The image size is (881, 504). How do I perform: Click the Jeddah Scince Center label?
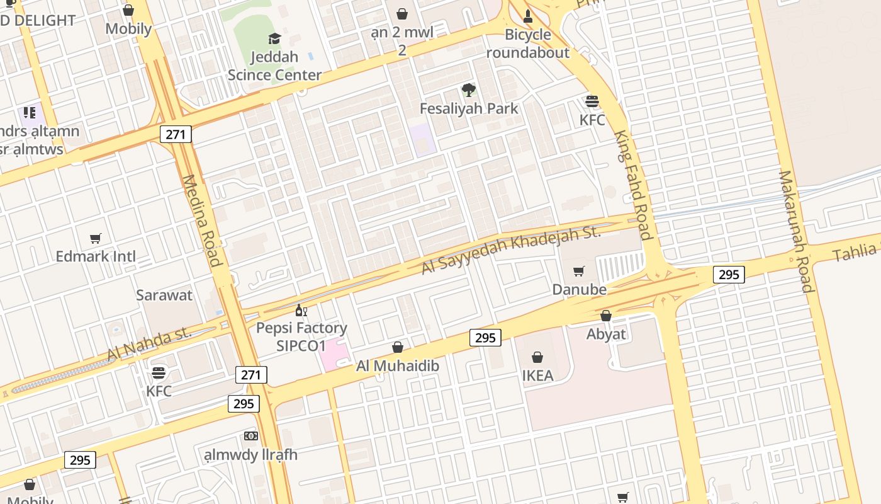[x=274, y=66]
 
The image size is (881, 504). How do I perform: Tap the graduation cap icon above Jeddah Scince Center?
[x=274, y=39]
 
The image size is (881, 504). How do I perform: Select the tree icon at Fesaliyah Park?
[x=468, y=90]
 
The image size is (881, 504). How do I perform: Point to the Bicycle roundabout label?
[x=527, y=43]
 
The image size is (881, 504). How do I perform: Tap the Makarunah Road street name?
[x=796, y=231]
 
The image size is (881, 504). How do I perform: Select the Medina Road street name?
[x=202, y=220]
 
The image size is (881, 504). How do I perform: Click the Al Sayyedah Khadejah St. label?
[x=511, y=250]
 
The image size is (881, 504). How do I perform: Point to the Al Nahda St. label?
[x=149, y=344]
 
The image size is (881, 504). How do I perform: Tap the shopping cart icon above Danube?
[x=579, y=272]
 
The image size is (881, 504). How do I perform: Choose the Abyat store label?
[x=606, y=334]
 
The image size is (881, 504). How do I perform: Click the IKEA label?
[x=537, y=375]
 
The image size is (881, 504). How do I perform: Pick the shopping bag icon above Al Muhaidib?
[x=398, y=347]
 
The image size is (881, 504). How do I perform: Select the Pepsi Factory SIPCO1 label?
[x=301, y=336]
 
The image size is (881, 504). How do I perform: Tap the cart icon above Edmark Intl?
[x=96, y=238]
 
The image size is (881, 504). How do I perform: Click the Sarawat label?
[x=164, y=295]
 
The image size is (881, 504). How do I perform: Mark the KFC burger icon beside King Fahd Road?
[x=592, y=101]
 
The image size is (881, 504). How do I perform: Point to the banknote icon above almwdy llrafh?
[x=250, y=436]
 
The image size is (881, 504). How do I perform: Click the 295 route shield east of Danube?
[x=729, y=274]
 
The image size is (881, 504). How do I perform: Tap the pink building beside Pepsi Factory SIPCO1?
[x=332, y=355]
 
